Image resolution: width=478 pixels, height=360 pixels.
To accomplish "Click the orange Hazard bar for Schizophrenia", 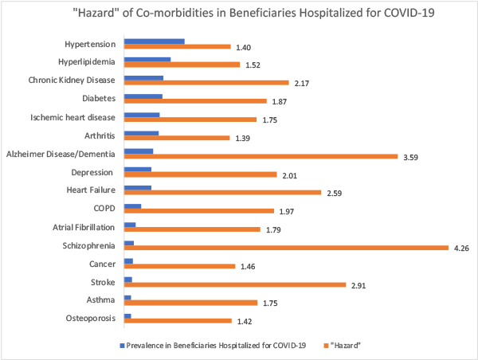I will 287,248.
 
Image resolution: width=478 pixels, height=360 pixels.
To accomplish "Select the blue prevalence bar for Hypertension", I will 155,41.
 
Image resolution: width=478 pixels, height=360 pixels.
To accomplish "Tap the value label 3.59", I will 411,156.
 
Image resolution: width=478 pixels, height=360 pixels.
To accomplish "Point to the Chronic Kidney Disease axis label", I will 72,80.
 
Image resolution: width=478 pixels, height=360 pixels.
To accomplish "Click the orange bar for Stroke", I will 235,284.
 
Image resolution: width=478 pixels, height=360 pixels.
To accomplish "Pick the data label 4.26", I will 462,248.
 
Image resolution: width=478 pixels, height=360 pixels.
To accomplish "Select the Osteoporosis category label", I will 88,319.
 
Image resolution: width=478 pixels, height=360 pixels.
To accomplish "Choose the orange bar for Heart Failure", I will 222,193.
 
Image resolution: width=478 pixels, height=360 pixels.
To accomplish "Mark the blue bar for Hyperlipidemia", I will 147,60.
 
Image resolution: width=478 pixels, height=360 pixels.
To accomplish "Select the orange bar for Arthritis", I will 176,138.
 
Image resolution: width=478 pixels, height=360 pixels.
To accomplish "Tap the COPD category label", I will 104,208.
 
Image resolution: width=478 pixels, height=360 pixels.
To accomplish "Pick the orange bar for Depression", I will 200,174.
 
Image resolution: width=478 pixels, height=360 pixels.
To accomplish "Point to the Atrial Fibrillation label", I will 81,227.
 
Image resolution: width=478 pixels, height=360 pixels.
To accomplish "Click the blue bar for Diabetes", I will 143,96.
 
